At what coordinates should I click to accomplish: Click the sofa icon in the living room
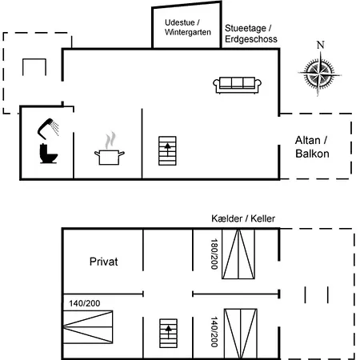point(237,85)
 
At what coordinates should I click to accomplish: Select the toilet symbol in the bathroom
point(48,154)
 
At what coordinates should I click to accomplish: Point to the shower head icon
point(48,129)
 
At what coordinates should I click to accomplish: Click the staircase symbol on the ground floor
point(167,150)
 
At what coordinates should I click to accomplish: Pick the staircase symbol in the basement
point(168,333)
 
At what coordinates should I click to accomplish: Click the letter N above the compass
point(321,45)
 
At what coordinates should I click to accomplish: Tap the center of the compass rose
point(319,73)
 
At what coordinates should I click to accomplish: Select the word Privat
point(103,262)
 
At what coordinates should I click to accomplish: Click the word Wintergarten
point(188,32)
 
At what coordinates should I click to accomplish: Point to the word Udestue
point(180,22)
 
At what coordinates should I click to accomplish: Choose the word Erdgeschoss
point(251,39)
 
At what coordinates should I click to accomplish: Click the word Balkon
point(312,154)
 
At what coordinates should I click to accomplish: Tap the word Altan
point(307,140)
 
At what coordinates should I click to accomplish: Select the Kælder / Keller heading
point(243,218)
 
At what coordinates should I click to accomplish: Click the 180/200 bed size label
point(214,254)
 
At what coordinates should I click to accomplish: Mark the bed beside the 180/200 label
point(238,254)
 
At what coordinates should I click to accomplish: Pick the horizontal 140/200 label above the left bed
point(85,303)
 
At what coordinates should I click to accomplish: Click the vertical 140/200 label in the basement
point(214,332)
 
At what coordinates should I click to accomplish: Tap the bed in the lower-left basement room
point(88,327)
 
